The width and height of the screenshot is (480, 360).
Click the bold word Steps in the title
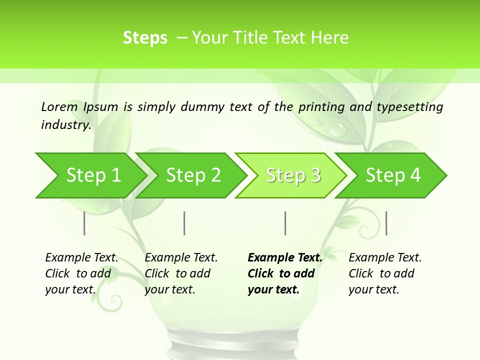[x=145, y=38]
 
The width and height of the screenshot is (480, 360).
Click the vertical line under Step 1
[x=84, y=223]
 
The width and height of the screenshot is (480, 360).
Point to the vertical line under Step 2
[x=184, y=223]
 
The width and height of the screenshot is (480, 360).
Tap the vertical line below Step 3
[x=285, y=223]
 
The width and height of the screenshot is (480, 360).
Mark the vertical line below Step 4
[x=386, y=223]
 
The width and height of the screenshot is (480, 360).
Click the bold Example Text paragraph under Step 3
[x=284, y=273]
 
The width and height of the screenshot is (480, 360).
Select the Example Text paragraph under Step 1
[x=81, y=273]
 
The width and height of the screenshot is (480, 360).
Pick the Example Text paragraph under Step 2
[x=181, y=273]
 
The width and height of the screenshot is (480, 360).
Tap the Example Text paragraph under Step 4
[x=385, y=273]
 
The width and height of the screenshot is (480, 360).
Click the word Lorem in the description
[x=59, y=106]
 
